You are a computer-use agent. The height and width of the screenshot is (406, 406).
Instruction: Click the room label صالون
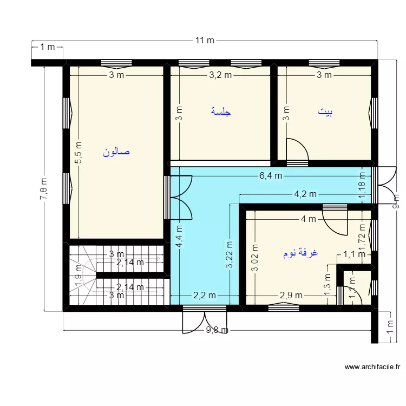(116, 153)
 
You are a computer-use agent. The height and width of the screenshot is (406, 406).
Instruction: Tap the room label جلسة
(221, 112)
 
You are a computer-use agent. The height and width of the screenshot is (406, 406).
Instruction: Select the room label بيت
(325, 112)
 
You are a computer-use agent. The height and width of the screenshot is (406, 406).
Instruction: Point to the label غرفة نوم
(300, 253)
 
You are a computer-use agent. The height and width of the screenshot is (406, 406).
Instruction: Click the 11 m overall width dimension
(205, 41)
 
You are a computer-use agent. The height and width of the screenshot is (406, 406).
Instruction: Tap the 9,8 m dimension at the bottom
(218, 330)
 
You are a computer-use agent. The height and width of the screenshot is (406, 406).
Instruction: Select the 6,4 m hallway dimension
(271, 175)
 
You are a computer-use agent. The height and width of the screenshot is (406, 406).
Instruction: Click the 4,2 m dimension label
(305, 194)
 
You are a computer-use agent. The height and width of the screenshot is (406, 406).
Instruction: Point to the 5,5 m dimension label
(78, 153)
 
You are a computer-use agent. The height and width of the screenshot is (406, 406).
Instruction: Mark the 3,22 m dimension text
(230, 254)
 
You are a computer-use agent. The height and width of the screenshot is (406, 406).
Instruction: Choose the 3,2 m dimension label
(220, 75)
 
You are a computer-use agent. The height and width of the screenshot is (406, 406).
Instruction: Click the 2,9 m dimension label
(291, 295)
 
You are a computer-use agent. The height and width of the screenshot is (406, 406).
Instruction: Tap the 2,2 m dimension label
(205, 295)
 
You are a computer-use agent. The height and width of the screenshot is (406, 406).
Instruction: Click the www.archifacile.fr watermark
(372, 367)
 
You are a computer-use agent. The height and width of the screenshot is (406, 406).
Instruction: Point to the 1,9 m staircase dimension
(78, 274)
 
